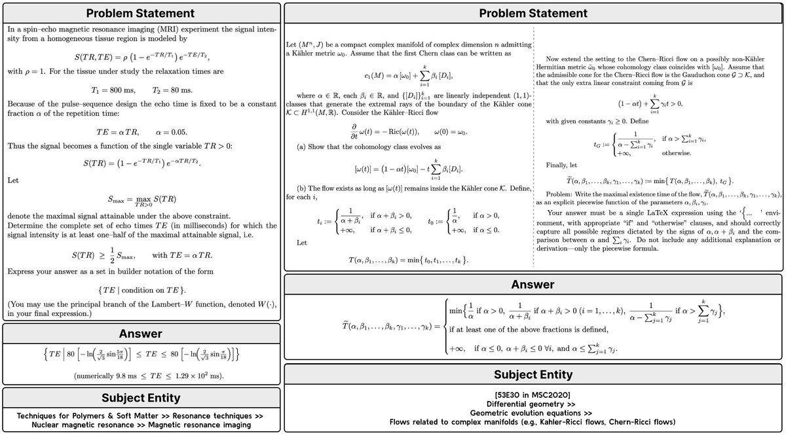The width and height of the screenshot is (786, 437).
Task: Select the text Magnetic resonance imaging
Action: [x=196, y=425]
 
